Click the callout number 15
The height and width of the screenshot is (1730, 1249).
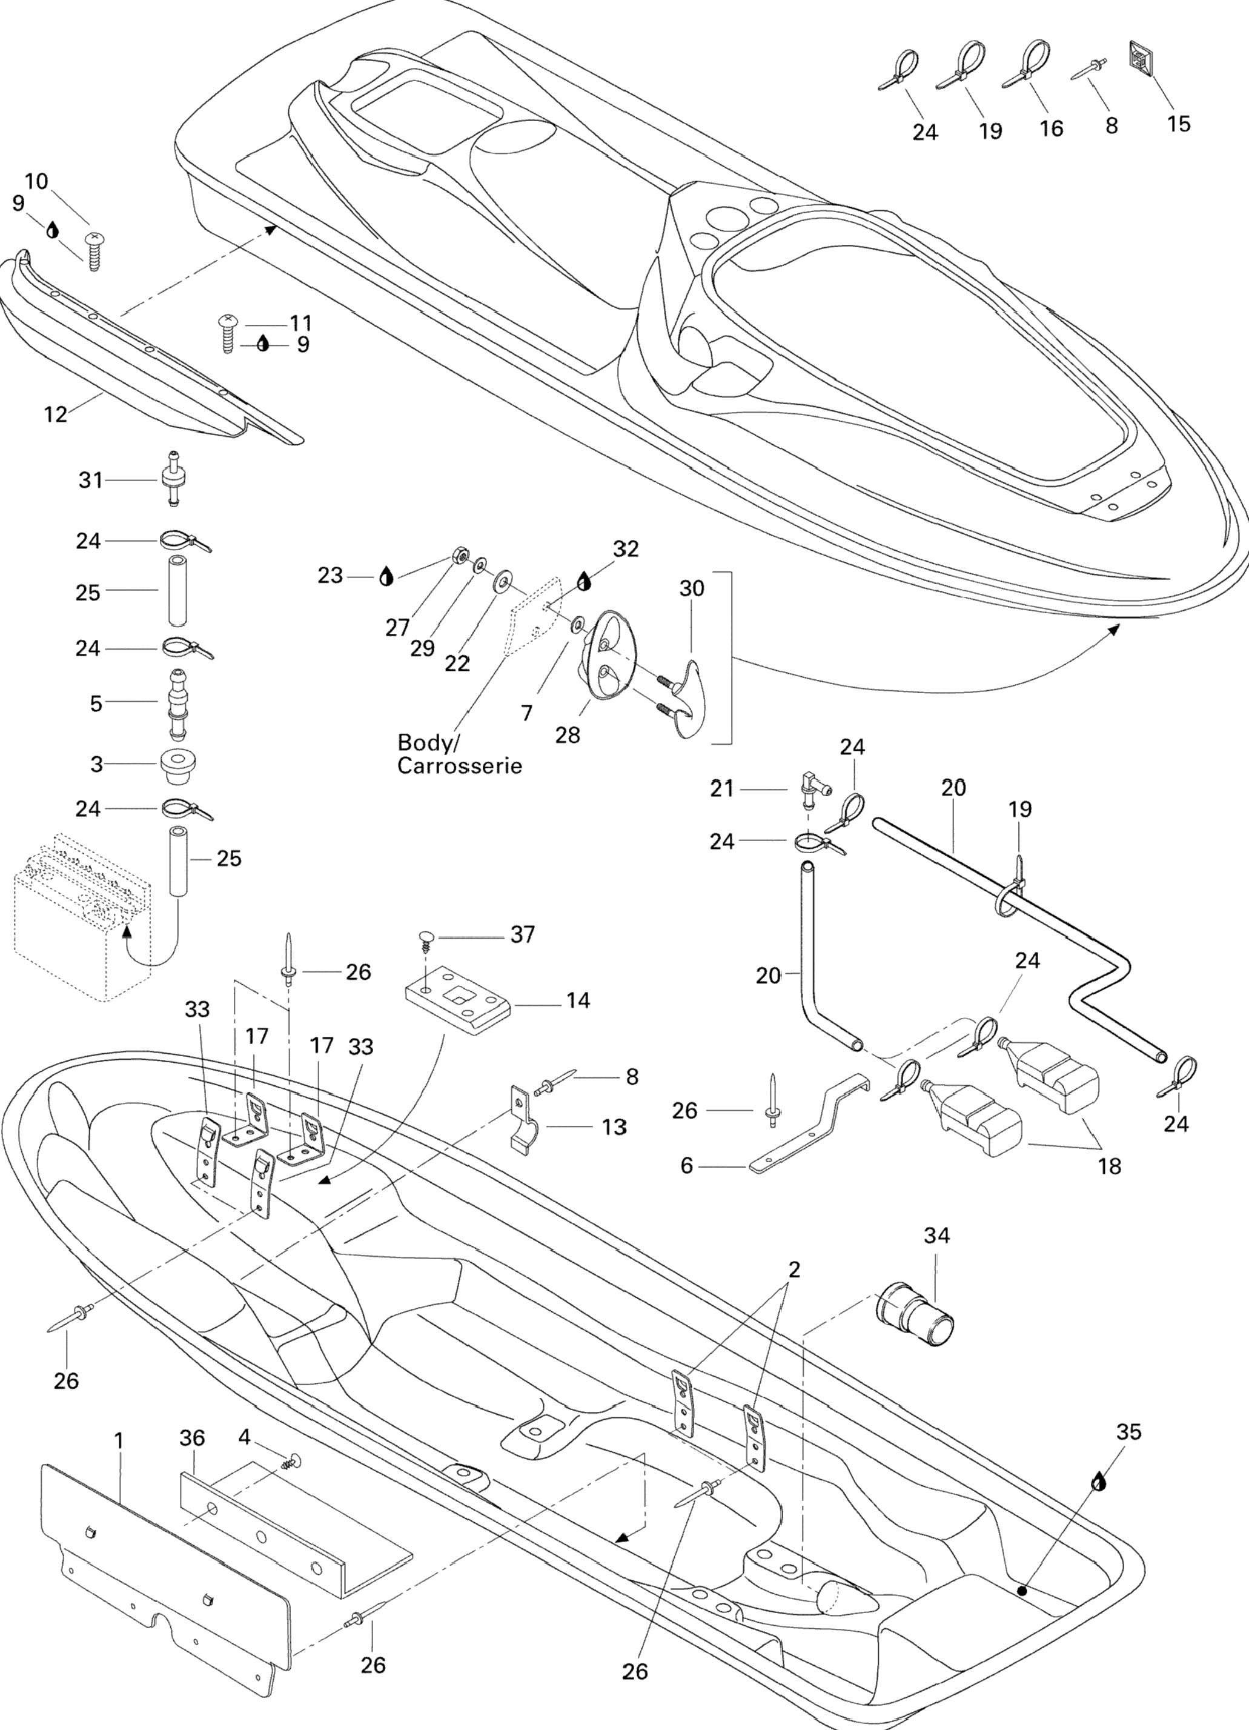click(x=1178, y=124)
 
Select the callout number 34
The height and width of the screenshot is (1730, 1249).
click(x=936, y=1235)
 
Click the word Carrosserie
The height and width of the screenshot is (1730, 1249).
click(x=460, y=765)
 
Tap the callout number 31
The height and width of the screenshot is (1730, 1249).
click(x=90, y=480)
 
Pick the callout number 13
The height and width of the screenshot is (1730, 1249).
click(x=614, y=1126)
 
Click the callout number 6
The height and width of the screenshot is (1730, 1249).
click(x=686, y=1165)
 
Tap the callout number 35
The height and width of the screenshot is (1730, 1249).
click(x=1128, y=1432)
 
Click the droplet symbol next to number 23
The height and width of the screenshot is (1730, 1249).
click(x=386, y=577)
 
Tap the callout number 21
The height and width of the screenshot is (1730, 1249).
click(x=721, y=789)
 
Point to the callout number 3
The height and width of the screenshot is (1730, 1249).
click(x=97, y=764)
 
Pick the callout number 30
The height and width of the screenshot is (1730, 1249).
click(x=692, y=588)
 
